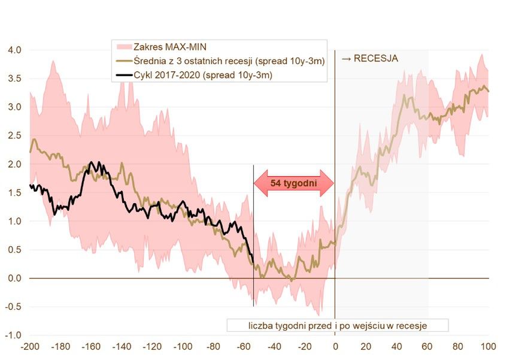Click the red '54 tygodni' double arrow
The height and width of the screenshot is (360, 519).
coord(293,183)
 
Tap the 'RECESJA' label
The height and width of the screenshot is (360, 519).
coord(370,58)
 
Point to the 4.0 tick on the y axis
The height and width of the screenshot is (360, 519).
coord(14,50)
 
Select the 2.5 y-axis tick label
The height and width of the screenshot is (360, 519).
coord(14,135)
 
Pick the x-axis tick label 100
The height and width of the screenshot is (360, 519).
coord(488,346)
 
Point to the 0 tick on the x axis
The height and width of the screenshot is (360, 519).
coord(335,346)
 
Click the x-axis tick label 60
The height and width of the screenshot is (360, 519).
coord(427,346)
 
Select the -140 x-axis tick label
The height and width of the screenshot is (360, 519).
coord(121,346)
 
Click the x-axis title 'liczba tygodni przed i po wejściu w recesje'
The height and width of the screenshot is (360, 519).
coord(338,325)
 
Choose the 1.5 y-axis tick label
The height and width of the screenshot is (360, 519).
coord(14,192)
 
